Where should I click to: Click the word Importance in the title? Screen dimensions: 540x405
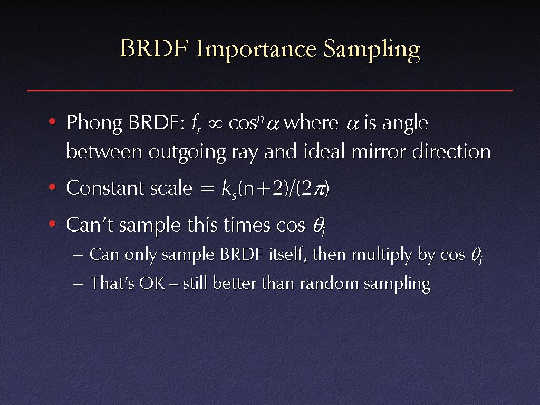point(256,49)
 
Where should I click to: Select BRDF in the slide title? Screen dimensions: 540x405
point(153,49)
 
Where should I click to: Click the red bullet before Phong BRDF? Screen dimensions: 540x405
point(52,122)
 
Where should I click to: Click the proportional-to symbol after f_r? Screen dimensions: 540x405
point(215,123)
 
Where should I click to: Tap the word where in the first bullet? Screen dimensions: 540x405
point(311,122)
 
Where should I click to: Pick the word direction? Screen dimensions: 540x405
point(451,151)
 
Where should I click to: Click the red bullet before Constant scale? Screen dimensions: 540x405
point(52,187)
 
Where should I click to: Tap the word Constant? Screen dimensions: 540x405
point(105,188)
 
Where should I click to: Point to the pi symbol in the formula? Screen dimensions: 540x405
point(320,189)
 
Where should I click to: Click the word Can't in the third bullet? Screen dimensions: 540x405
point(90,225)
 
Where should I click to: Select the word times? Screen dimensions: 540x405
point(247,225)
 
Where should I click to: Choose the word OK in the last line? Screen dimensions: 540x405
point(152,284)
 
